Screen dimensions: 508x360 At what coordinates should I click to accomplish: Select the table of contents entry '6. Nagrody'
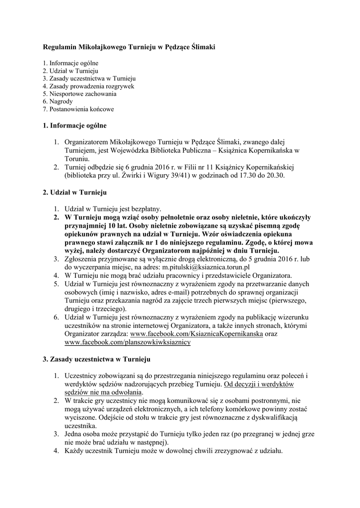tap(58, 101)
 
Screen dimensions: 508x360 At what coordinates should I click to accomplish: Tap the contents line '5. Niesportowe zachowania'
tap(79, 94)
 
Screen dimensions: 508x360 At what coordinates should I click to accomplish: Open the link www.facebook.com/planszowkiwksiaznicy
tap(128, 342)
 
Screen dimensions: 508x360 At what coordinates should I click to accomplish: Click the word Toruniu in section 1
tap(76, 159)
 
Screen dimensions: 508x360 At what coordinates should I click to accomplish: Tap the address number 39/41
tap(174, 176)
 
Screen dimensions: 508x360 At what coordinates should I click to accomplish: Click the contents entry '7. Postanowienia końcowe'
tap(78, 109)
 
